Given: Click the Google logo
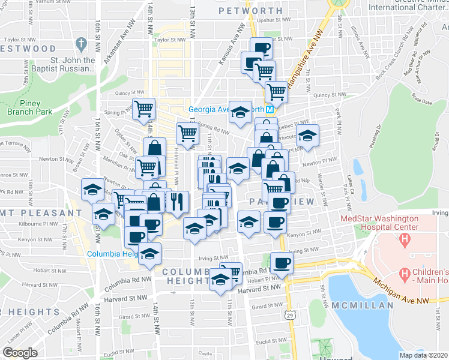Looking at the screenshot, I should [20, 353].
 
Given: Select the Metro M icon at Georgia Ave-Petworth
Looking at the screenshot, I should [270, 109].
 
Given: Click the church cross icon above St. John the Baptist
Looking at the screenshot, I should [82, 44].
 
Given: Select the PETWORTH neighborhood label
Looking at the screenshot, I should [250, 11].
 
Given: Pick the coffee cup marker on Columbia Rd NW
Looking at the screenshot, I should [282, 262].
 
